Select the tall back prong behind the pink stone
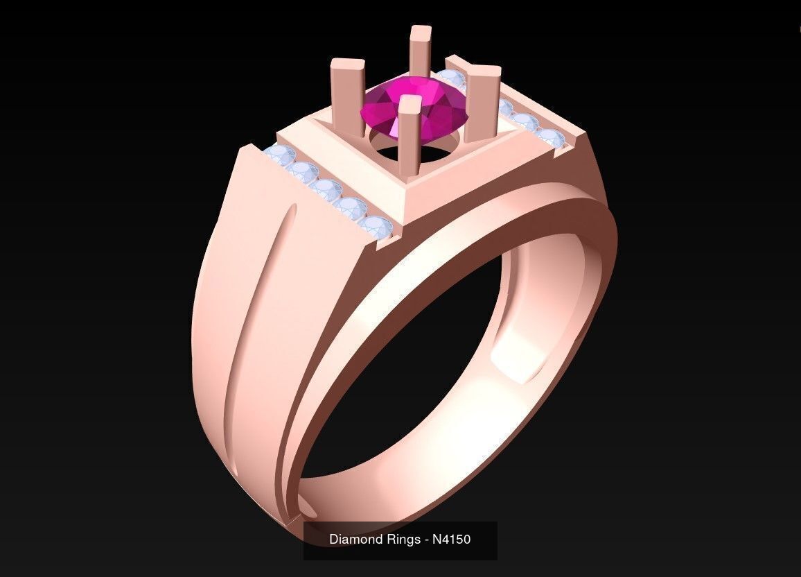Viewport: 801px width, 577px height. pyautogui.click(x=420, y=52)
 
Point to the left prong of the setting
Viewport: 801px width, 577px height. pyautogui.click(x=347, y=94)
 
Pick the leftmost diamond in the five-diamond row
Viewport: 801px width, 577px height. pyautogui.click(x=280, y=156)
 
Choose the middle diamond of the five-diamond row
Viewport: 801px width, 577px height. pyautogui.click(x=326, y=189)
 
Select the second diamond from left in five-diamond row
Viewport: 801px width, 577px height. pyautogui.click(x=302, y=171)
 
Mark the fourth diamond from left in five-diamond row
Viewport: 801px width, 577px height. pyautogui.click(x=352, y=207)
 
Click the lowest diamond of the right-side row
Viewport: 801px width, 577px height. pyautogui.click(x=549, y=137)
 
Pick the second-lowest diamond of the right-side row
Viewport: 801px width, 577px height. pyautogui.click(x=527, y=123)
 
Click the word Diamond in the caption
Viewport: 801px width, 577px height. pyautogui.click(x=353, y=539)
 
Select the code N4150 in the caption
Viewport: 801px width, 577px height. pyautogui.click(x=452, y=539)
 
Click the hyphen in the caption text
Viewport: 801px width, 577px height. pyautogui.click(x=425, y=539)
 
